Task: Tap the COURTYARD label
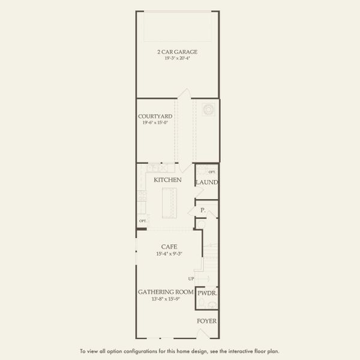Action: tap(155, 116)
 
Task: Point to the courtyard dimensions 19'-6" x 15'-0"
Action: tap(155, 122)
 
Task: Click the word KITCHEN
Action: tap(167, 180)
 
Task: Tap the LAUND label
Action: tap(206, 182)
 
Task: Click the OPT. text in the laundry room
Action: tap(212, 172)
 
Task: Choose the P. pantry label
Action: tap(203, 211)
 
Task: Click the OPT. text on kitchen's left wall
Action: tap(142, 221)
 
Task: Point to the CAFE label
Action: tap(168, 247)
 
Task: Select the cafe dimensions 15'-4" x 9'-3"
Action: tap(168, 254)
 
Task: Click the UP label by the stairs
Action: tap(191, 278)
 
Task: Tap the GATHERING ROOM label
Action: tap(165, 292)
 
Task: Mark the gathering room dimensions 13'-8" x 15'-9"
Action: tap(165, 299)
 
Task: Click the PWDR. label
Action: tap(206, 293)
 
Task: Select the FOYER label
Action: tap(207, 321)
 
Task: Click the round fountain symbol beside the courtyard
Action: tap(208, 109)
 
